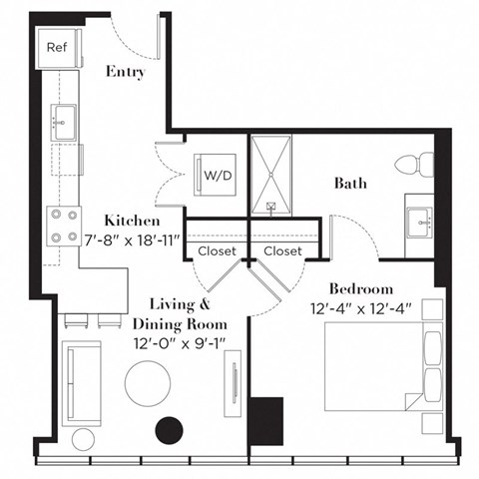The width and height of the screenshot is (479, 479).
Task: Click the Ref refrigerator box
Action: coord(55,46)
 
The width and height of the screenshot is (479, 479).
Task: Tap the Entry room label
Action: coord(126,72)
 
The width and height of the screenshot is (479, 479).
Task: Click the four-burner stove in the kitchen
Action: coord(63,226)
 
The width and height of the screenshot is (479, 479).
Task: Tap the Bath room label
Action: coord(349,183)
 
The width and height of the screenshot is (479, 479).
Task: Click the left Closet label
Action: coord(217,251)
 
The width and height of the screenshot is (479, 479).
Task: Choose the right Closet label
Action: coord(282,251)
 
